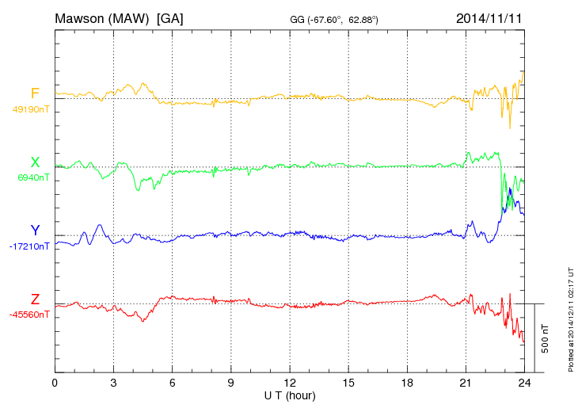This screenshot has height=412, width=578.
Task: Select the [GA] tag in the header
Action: pos(170,17)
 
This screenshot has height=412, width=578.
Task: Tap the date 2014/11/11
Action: pos(489,17)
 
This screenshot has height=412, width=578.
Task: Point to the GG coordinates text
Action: pos(334,19)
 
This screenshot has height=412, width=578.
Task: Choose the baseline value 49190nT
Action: pos(31,109)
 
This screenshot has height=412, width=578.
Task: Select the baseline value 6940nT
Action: pos(33,177)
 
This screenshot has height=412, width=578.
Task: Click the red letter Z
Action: pos(35,299)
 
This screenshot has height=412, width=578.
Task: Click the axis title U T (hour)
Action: pos(290,395)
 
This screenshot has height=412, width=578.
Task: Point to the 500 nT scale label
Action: pos(546,338)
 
